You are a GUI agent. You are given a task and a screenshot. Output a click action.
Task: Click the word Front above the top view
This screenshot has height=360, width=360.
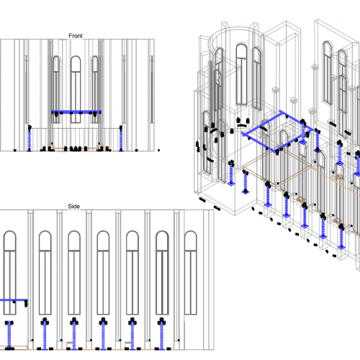point(76,36)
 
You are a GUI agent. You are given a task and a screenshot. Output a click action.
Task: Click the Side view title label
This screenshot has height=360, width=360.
point(73,206)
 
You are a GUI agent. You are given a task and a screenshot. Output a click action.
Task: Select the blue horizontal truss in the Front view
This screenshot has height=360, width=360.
point(76,112)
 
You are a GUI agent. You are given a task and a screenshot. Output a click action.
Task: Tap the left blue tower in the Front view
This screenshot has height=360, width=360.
point(30,139)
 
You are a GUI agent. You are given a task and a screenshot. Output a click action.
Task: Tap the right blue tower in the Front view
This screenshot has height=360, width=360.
point(121,139)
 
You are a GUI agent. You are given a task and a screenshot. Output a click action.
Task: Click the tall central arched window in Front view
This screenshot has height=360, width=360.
point(76,89)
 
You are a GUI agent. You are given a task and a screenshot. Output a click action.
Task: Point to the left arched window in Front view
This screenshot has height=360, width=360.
point(56,89)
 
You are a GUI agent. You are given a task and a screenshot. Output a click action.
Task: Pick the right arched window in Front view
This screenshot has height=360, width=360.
point(95,89)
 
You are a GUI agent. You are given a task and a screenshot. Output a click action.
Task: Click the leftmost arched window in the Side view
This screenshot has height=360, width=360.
point(9,272)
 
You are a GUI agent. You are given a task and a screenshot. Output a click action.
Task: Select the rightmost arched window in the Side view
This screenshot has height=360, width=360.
point(191,272)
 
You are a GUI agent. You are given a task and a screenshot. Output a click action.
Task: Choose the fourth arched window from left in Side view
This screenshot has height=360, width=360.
point(103,272)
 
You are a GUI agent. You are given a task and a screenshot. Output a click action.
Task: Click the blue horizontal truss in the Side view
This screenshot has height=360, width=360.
point(14,300)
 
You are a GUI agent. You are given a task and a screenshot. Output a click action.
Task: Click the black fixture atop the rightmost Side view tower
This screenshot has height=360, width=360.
point(162,321)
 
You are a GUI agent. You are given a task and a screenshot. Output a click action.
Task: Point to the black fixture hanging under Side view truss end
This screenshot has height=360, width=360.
point(26,304)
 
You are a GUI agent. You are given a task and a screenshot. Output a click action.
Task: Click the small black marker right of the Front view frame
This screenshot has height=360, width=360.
point(158,150)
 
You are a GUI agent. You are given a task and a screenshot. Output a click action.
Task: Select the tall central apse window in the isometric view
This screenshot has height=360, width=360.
point(241,74)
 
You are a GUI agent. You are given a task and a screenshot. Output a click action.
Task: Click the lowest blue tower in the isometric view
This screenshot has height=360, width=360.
point(341,236)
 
